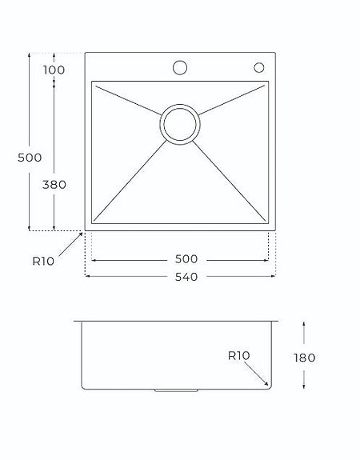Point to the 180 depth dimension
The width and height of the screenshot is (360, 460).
[x=305, y=358]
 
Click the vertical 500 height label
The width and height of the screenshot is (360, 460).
[x=30, y=158]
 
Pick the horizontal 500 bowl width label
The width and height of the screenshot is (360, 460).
[x=184, y=259]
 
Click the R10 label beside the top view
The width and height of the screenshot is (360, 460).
[x=43, y=260]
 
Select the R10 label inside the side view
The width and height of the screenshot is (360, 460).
[x=239, y=356]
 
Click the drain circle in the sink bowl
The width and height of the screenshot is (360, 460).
[x=179, y=124]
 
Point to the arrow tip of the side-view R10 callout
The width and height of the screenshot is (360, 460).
[x=270, y=385]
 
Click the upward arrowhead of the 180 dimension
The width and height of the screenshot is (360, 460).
[x=305, y=323]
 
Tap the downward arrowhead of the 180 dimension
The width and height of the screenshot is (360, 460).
[x=305, y=390]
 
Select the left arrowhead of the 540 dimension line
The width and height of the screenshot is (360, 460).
[x=86, y=276]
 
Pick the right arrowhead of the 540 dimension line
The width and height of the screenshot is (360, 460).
[x=274, y=276]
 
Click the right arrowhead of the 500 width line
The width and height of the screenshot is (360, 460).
[x=267, y=259]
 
